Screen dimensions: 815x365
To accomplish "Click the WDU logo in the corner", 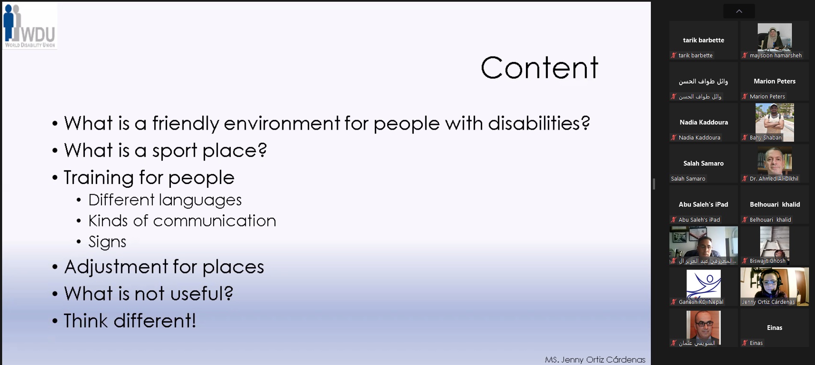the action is [30, 26].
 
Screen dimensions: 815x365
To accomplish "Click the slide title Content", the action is [539, 68].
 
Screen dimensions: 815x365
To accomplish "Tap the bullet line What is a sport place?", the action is [165, 151].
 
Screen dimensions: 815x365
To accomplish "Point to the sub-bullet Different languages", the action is [165, 200].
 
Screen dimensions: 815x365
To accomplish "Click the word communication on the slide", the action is [215, 221].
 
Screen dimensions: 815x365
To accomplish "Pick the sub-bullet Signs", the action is [107, 242].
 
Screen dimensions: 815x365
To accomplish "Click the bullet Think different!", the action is [130, 320].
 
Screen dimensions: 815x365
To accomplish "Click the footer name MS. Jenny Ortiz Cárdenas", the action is [595, 359].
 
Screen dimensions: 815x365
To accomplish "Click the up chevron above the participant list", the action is [739, 11].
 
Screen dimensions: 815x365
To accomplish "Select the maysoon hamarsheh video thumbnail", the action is [775, 38].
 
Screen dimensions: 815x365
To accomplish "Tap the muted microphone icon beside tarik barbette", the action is [674, 55].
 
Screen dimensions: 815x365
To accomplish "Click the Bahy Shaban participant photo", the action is [775, 122].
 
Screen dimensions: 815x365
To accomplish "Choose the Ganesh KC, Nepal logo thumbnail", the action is [704, 285].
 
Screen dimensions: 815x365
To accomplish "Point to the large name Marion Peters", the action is [775, 81].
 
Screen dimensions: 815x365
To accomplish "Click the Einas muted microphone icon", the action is [745, 343].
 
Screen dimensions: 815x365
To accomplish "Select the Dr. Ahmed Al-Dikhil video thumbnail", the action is [775, 162].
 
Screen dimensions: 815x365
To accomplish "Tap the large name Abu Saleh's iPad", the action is [704, 205].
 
